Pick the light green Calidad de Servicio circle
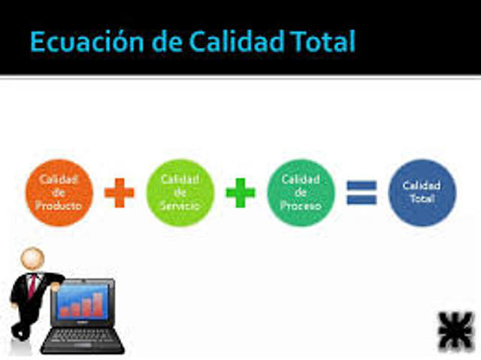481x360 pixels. point(180,192)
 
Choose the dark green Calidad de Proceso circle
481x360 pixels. point(301,192)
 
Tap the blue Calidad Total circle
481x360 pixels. point(422,192)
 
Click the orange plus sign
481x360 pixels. point(119,193)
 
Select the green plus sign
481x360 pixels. point(240,193)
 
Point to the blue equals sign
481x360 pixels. point(362,193)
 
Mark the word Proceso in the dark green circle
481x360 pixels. point(301,204)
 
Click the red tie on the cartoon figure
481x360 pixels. point(32,284)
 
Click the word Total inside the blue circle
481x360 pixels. point(422,198)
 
